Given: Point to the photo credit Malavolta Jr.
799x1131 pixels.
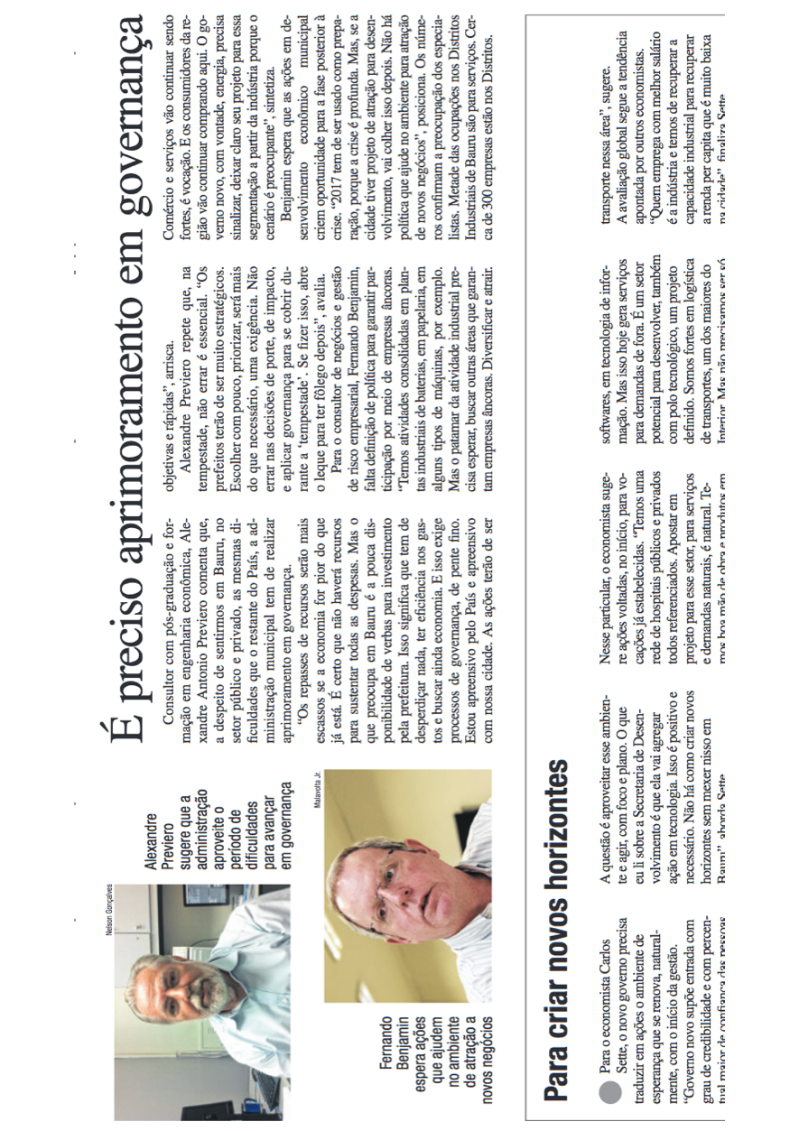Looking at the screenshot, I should (319, 790).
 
